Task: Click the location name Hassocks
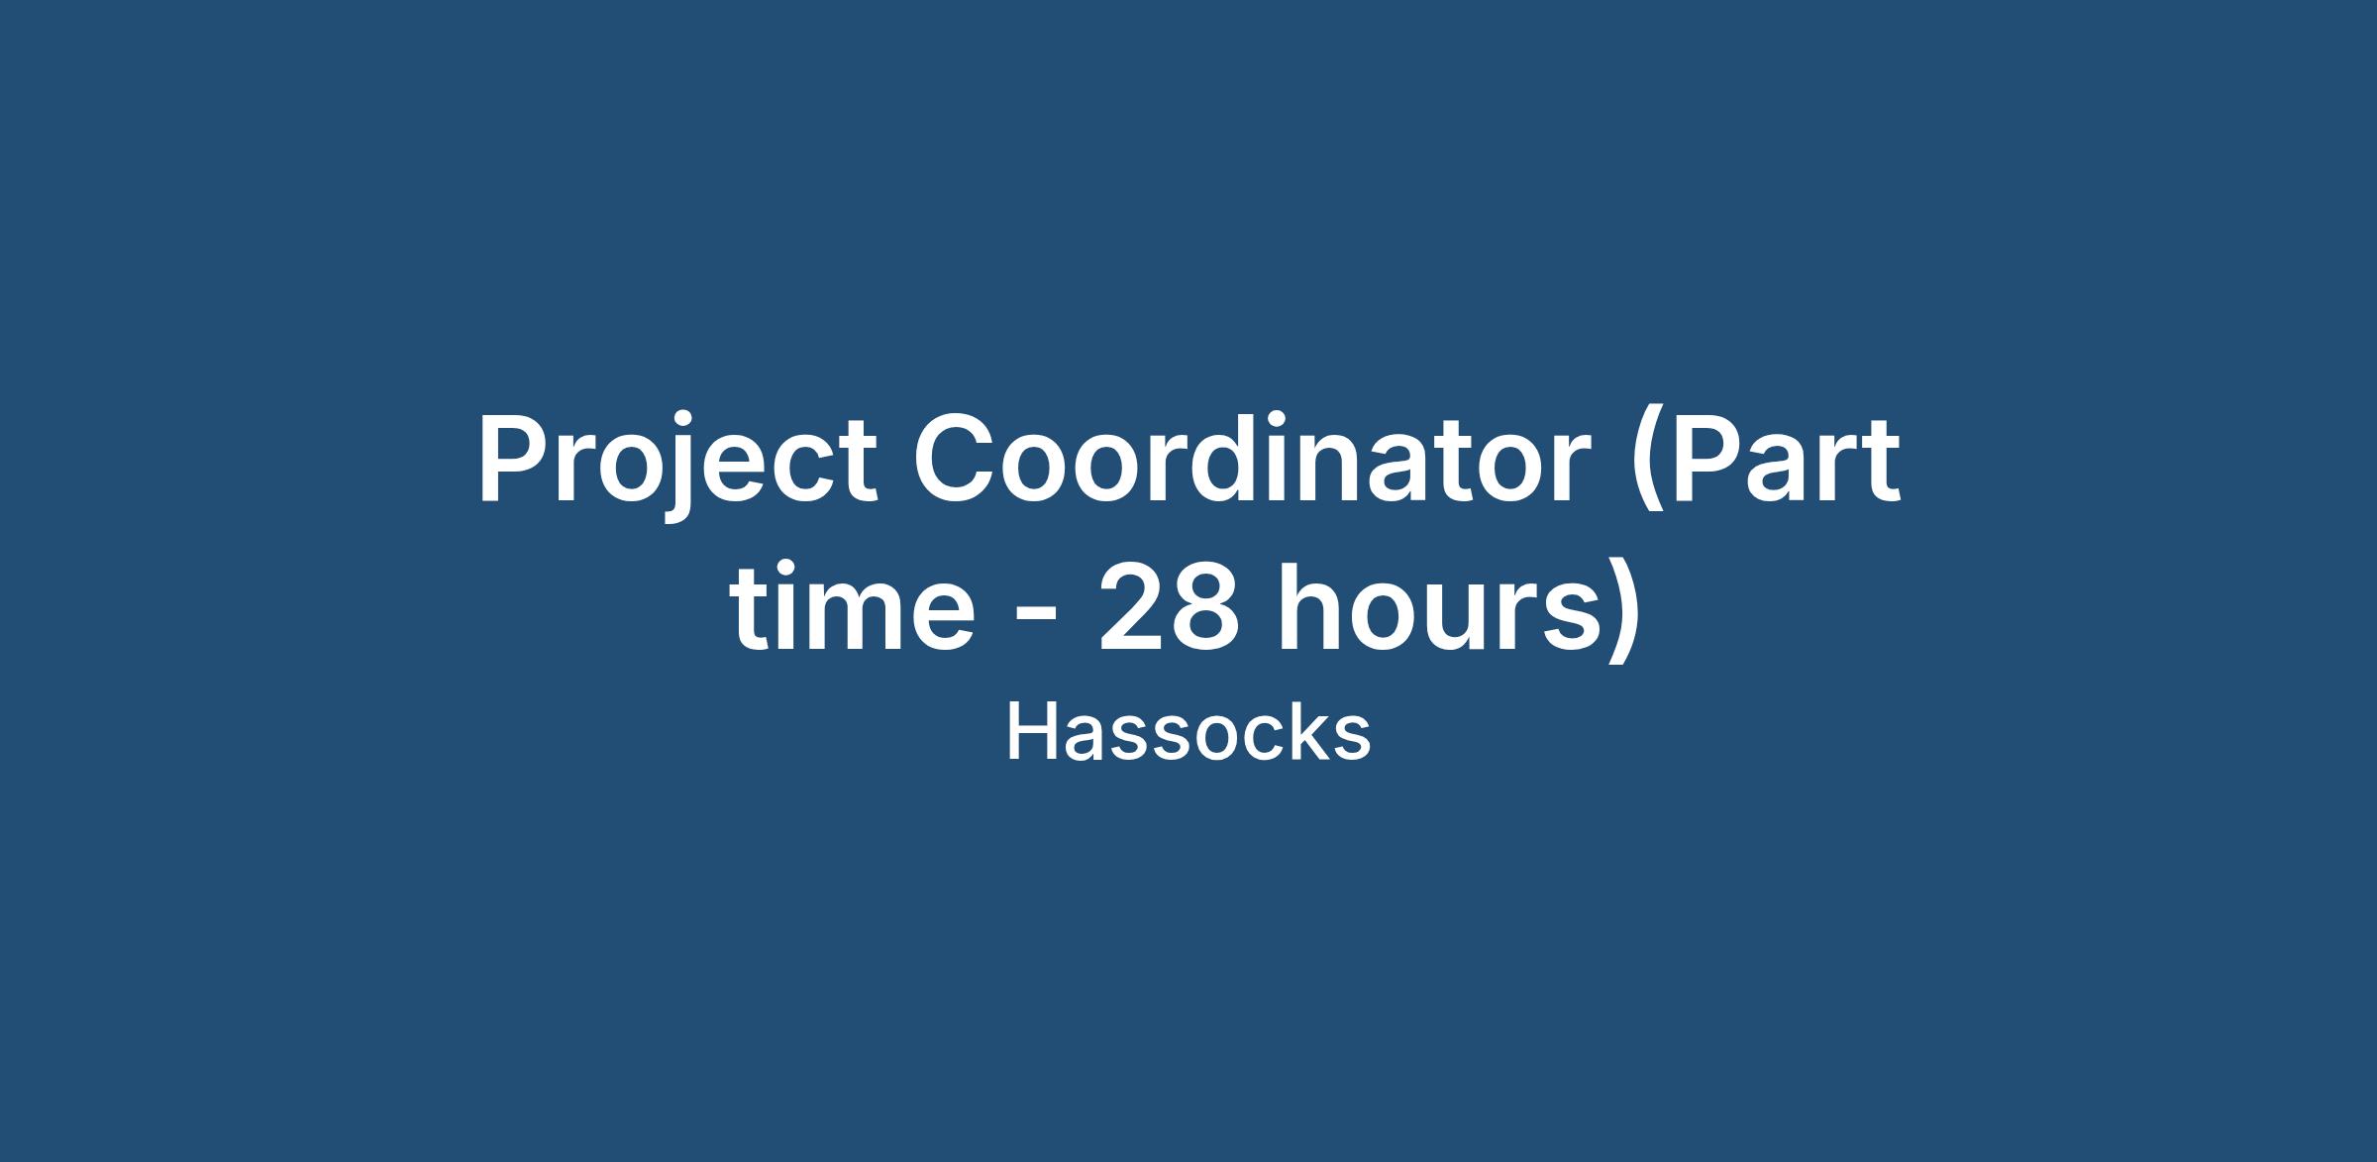point(1188,733)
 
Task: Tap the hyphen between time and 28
point(1037,619)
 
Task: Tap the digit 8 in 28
point(1205,608)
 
